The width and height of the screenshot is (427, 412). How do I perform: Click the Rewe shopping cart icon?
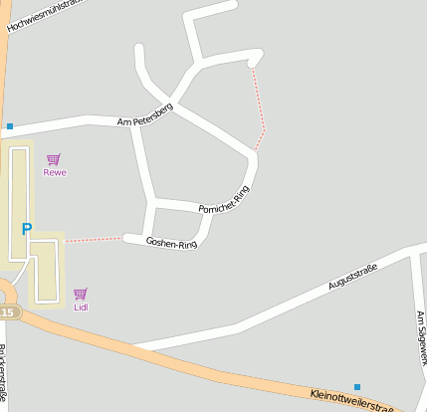point(54,158)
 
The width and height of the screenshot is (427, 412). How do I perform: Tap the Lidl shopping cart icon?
point(81,294)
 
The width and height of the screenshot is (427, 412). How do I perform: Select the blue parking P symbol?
point(27,229)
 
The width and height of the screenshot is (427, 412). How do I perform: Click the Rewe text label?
point(55,172)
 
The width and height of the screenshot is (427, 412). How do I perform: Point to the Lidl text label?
point(81,307)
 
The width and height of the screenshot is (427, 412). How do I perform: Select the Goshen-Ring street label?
point(171,242)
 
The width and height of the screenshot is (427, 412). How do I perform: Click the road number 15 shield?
point(8,312)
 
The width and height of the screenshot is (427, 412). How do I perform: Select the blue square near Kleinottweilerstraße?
point(356,386)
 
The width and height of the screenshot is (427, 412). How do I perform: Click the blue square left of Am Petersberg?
point(10,126)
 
